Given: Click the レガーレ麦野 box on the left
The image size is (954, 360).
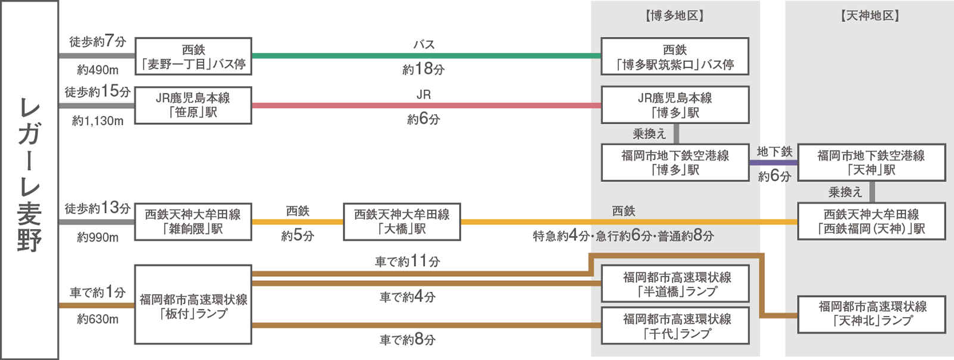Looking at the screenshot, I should [29, 180].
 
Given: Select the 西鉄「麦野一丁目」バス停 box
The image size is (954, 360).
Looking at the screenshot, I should [193, 57].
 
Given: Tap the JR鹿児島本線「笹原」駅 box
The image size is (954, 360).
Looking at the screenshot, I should [193, 105].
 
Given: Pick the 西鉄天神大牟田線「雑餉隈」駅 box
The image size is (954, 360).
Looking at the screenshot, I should [193, 221].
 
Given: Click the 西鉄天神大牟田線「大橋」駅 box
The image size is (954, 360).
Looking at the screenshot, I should [402, 221].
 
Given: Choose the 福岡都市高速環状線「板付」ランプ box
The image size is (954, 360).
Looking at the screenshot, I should [193, 305].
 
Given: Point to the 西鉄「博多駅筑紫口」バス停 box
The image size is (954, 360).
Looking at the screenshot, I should [675, 57].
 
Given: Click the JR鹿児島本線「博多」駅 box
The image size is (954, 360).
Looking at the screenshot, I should [675, 105].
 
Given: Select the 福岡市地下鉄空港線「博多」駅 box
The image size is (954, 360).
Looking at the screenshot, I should [675, 162].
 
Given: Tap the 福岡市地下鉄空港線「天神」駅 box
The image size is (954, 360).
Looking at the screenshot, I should [871, 162].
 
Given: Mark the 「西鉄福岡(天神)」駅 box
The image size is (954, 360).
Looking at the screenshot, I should [871, 221].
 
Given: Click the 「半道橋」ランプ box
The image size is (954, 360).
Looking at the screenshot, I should [675, 284].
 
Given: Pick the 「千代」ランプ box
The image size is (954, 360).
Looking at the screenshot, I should [675, 325].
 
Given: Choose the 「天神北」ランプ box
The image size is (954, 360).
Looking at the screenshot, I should [871, 314].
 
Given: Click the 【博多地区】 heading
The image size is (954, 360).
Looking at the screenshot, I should [675, 16].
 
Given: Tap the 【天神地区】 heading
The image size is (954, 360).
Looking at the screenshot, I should [870, 16].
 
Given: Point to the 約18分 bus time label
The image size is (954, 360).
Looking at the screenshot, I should [423, 70].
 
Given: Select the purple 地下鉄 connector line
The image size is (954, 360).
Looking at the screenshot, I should [773, 162].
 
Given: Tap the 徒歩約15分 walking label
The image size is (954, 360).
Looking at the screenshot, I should [97, 92].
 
